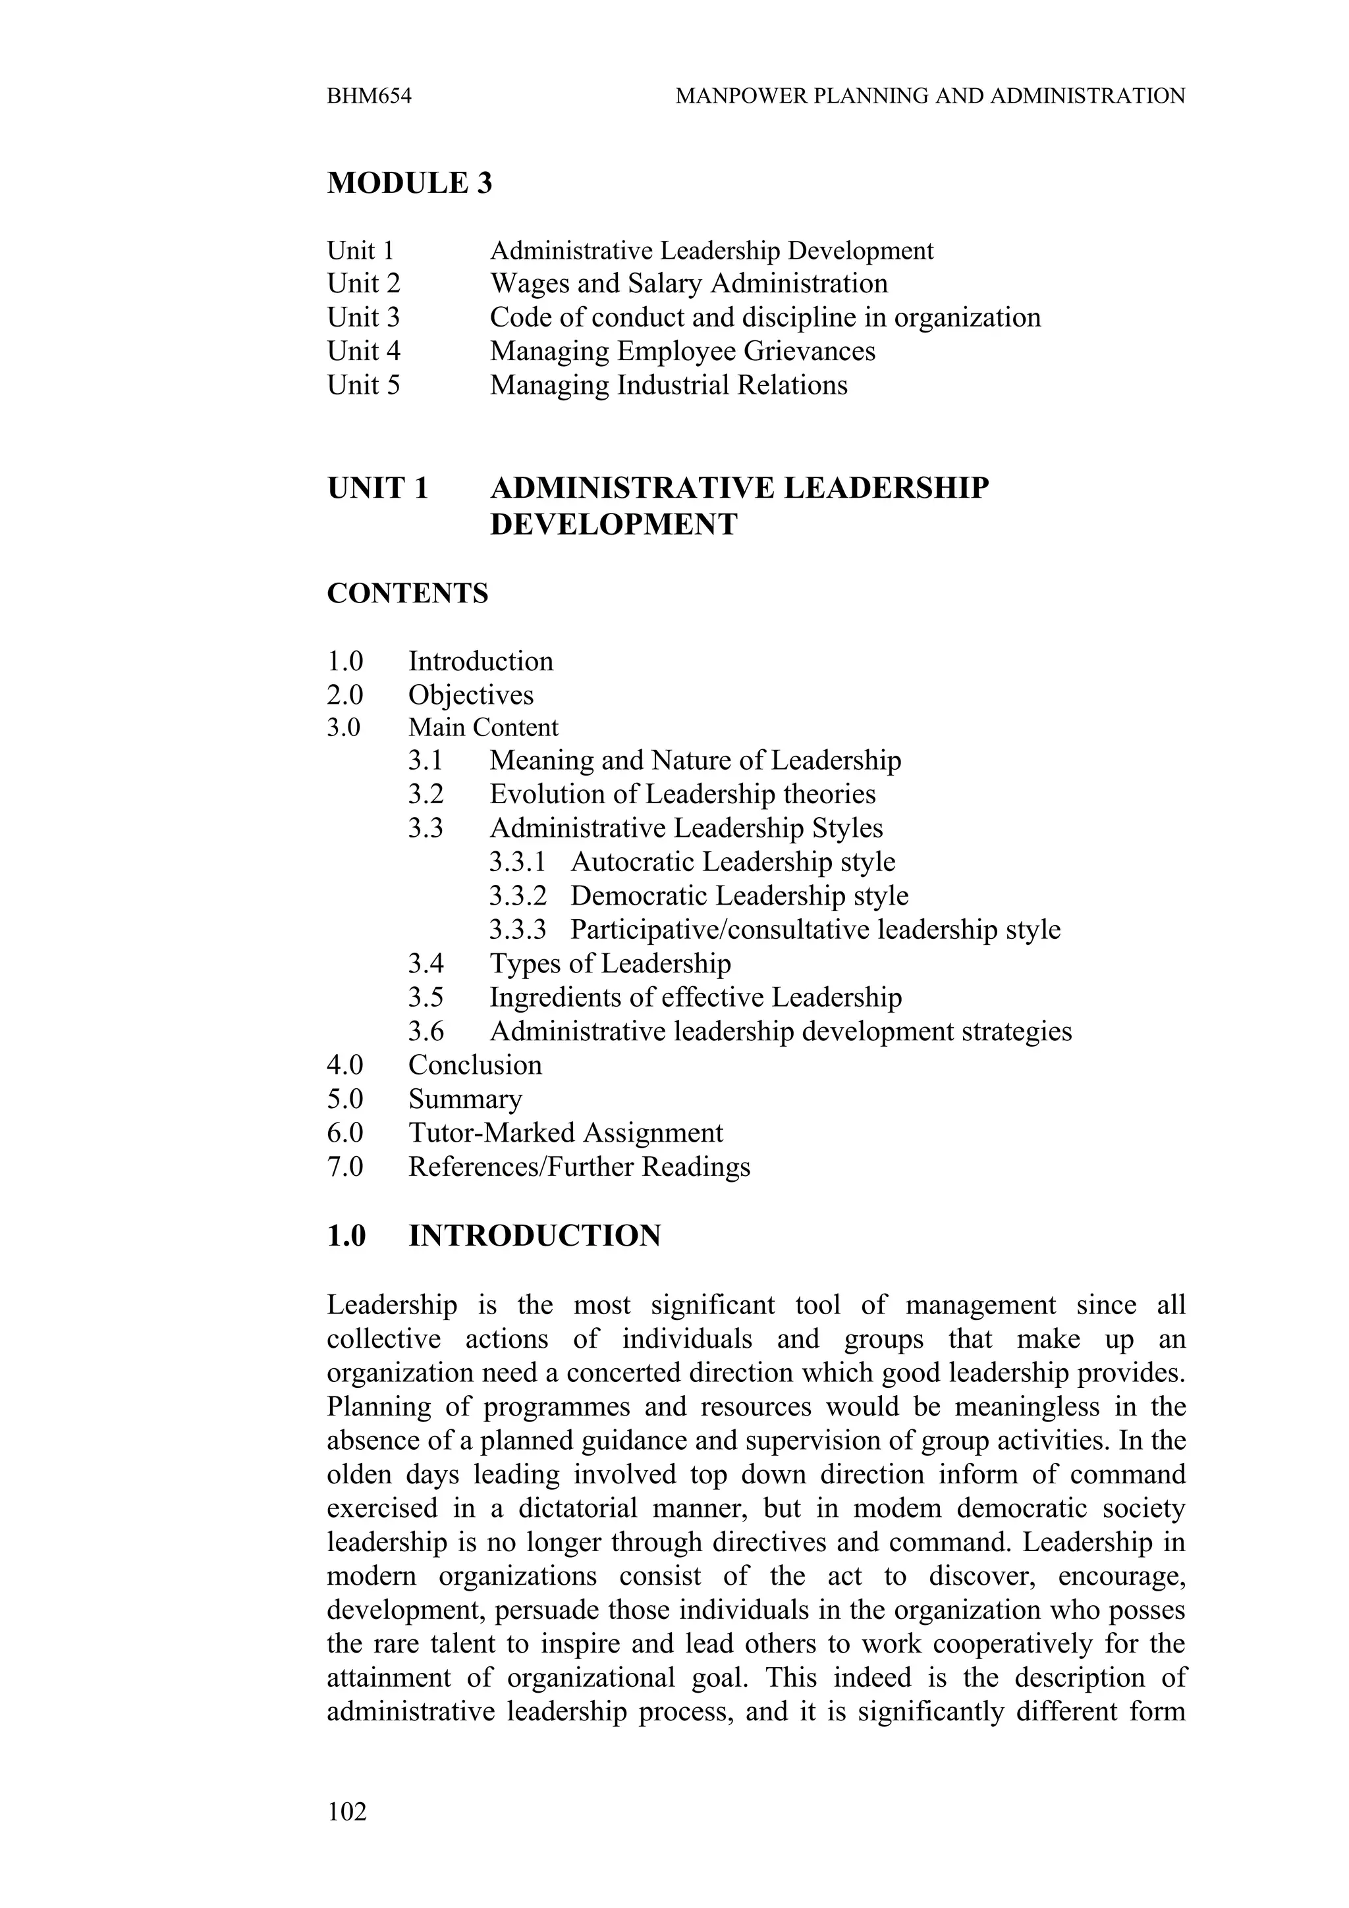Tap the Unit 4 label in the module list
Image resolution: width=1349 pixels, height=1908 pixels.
pyautogui.click(x=363, y=352)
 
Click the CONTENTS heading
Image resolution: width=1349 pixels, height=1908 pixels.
pyautogui.click(x=407, y=594)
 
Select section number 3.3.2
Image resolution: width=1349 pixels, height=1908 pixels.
pyautogui.click(x=517, y=896)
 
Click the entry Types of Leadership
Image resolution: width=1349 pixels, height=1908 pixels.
pyautogui.click(x=610, y=964)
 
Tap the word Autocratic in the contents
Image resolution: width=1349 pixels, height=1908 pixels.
pyautogui.click(x=634, y=862)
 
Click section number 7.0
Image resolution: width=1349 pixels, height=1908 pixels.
pyautogui.click(x=345, y=1167)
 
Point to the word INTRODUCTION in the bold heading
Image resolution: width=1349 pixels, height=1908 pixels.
pyautogui.click(x=534, y=1236)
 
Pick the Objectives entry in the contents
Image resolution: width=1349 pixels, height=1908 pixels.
pyautogui.click(x=470, y=695)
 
